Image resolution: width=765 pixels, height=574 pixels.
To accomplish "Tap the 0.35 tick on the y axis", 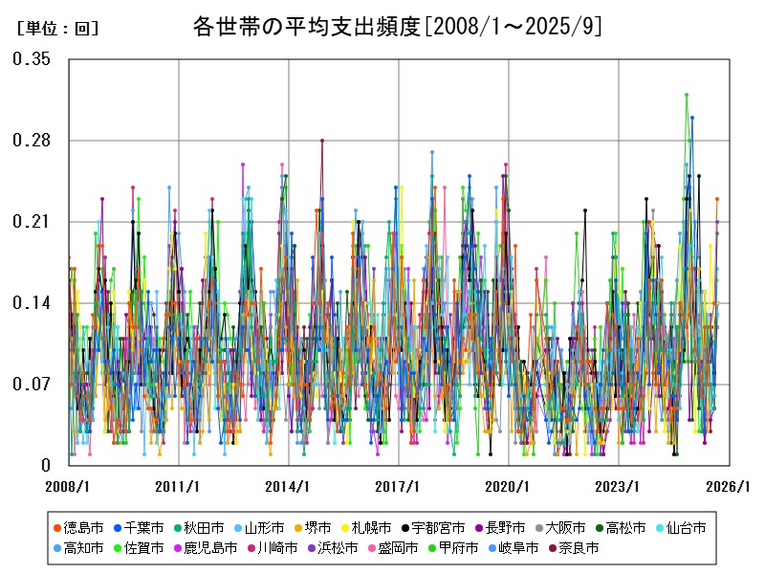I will click(x=32, y=59).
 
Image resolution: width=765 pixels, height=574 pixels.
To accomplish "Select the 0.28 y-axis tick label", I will click(x=32, y=141).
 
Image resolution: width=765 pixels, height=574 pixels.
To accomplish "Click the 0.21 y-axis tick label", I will click(x=32, y=222).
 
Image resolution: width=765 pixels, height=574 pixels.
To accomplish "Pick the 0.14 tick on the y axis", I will click(x=32, y=303).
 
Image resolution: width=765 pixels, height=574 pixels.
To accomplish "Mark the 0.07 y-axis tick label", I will click(x=32, y=385).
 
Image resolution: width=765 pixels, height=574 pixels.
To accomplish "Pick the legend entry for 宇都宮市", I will click(x=438, y=527).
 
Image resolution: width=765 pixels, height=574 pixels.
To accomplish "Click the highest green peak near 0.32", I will click(x=687, y=95).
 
